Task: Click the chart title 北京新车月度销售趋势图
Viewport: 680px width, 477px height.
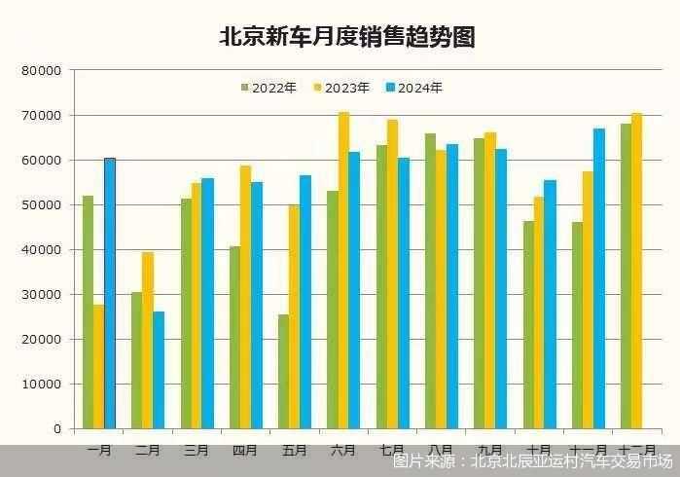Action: [x=347, y=37]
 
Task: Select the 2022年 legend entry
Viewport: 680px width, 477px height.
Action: [x=268, y=88]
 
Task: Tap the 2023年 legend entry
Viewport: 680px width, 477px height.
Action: [x=341, y=88]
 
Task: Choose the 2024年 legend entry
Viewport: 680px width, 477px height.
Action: [x=414, y=88]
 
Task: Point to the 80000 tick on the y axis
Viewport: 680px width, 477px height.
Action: [x=42, y=71]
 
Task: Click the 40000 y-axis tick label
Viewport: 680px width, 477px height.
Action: [x=42, y=250]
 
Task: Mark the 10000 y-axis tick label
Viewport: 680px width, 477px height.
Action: [x=42, y=385]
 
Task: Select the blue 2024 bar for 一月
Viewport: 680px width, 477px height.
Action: [x=110, y=293]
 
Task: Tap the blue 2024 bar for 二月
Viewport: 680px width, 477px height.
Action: [x=159, y=370]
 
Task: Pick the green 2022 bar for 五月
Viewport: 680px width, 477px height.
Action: [x=284, y=371]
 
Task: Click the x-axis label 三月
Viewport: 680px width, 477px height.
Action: [x=197, y=451]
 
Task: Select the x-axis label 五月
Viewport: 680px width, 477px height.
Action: [x=295, y=451]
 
